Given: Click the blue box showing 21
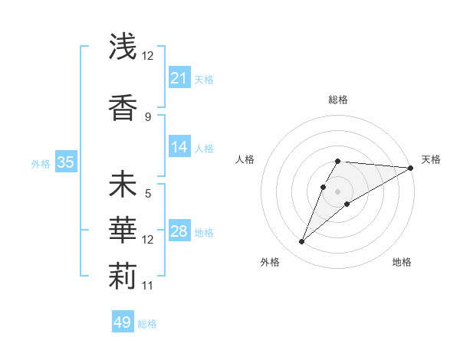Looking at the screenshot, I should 179,78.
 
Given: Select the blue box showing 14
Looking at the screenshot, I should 179,148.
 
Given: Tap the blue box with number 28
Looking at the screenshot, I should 179,232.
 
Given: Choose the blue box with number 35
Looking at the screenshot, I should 65,162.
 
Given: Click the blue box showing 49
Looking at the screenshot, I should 122,322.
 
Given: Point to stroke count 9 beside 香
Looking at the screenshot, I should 148,116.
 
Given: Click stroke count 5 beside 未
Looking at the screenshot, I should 148,194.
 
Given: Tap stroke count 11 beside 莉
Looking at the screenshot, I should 148,286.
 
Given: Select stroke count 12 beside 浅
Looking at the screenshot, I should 148,56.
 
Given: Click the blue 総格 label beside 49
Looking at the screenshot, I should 147,324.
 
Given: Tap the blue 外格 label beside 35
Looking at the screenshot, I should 40,163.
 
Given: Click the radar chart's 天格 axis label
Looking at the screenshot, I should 431,159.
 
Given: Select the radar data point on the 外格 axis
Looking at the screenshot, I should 302,242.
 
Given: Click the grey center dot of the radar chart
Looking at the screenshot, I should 337,191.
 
